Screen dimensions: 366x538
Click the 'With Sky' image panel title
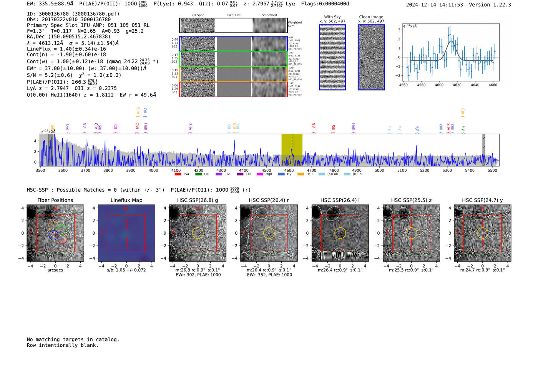[x=332, y=17]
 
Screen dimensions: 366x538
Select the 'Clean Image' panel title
[x=371, y=17]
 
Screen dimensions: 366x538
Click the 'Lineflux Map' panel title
[x=126, y=200]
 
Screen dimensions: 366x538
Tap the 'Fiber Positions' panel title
[x=55, y=200]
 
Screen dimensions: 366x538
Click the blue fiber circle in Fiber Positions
[x=53, y=235]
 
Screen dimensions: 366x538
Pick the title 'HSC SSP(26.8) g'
[x=198, y=200]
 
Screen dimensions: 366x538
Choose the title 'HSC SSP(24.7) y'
[x=482, y=200]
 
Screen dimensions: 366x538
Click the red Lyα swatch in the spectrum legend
[x=178, y=174]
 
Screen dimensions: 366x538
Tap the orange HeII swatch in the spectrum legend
[x=301, y=174]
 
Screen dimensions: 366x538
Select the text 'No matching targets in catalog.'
[x=73, y=340]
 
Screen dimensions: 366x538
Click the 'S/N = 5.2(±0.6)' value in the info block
[x=49, y=75]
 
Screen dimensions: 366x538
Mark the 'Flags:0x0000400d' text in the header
[x=325, y=4]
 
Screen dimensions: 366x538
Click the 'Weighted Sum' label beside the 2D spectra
[x=294, y=24]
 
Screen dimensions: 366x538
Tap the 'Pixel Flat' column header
[x=234, y=15]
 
